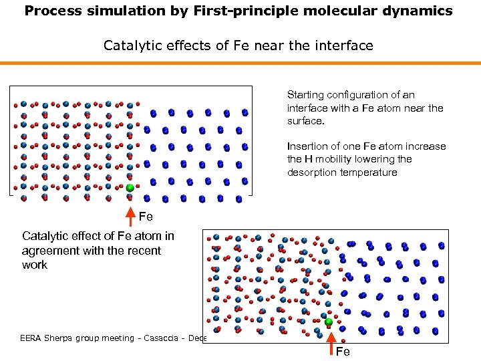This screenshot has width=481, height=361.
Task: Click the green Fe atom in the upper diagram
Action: [130, 189]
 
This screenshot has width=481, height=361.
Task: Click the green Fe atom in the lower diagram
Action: [329, 322]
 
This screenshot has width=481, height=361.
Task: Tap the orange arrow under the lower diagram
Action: [329, 341]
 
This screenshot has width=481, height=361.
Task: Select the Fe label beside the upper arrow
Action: [146, 217]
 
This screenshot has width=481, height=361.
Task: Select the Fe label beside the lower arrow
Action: [343, 352]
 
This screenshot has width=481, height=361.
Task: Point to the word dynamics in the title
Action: [418, 11]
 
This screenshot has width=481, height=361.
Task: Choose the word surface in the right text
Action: [304, 121]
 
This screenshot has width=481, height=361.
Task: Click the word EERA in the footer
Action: [33, 338]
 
